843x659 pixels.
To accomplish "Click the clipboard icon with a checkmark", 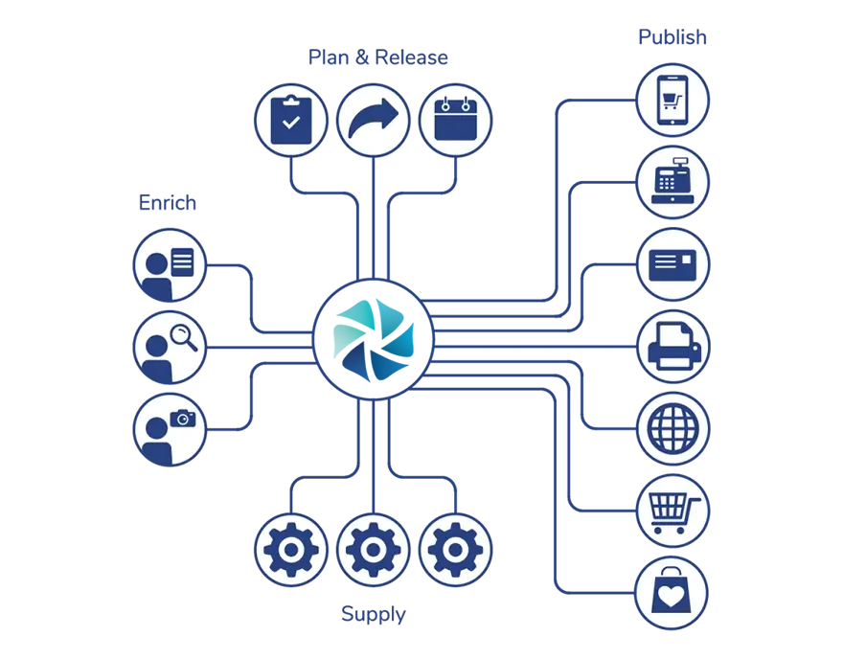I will pos(290,121).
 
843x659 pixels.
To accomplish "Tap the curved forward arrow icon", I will pos(374,121).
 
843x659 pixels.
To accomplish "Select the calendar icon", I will pos(455,121).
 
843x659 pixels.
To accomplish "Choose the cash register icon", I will pos(673,181).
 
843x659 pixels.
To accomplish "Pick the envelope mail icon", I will pos(673,263).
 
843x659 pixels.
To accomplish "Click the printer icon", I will pos(673,346).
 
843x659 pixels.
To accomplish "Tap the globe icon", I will pos(673,428).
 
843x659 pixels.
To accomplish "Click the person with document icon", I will pos(168,264).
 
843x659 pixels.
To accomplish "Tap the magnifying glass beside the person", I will pos(182,336).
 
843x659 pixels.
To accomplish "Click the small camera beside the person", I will pos(183,418).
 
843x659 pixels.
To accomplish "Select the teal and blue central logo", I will pos(378,338).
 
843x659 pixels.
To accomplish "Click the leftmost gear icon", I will pos(290,550).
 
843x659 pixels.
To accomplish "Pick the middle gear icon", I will pos(374,550).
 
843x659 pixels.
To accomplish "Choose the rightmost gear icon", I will pos(455,550).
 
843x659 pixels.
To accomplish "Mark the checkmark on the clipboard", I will pos(290,125).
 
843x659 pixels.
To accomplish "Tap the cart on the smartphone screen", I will pos(673,98).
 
